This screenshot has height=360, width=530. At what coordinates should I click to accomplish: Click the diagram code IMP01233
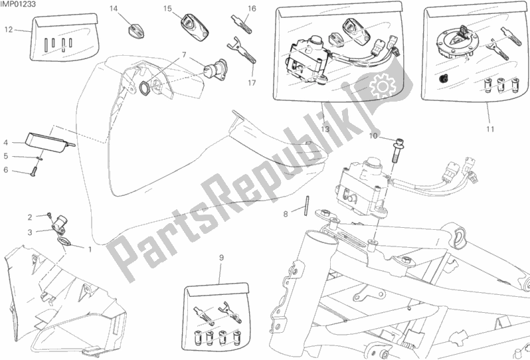[18, 4]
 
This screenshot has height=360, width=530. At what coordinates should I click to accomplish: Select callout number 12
[9, 30]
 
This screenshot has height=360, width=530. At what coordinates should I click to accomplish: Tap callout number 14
[114, 9]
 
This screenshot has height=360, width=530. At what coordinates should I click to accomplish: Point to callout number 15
[167, 9]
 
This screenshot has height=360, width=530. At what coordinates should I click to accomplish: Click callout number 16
[252, 9]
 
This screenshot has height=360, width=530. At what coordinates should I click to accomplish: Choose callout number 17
[252, 83]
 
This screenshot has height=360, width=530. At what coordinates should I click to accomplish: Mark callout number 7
[184, 54]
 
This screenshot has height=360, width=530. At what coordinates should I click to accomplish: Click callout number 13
[325, 129]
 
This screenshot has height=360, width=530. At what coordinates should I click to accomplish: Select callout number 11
[490, 129]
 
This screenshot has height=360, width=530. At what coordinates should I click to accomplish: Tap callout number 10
[373, 136]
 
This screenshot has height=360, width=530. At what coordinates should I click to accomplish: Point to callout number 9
[221, 258]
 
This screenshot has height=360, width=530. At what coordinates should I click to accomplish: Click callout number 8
[286, 214]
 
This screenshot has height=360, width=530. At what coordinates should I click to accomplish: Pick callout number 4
[6, 143]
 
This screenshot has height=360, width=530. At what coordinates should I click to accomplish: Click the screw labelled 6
[33, 173]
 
